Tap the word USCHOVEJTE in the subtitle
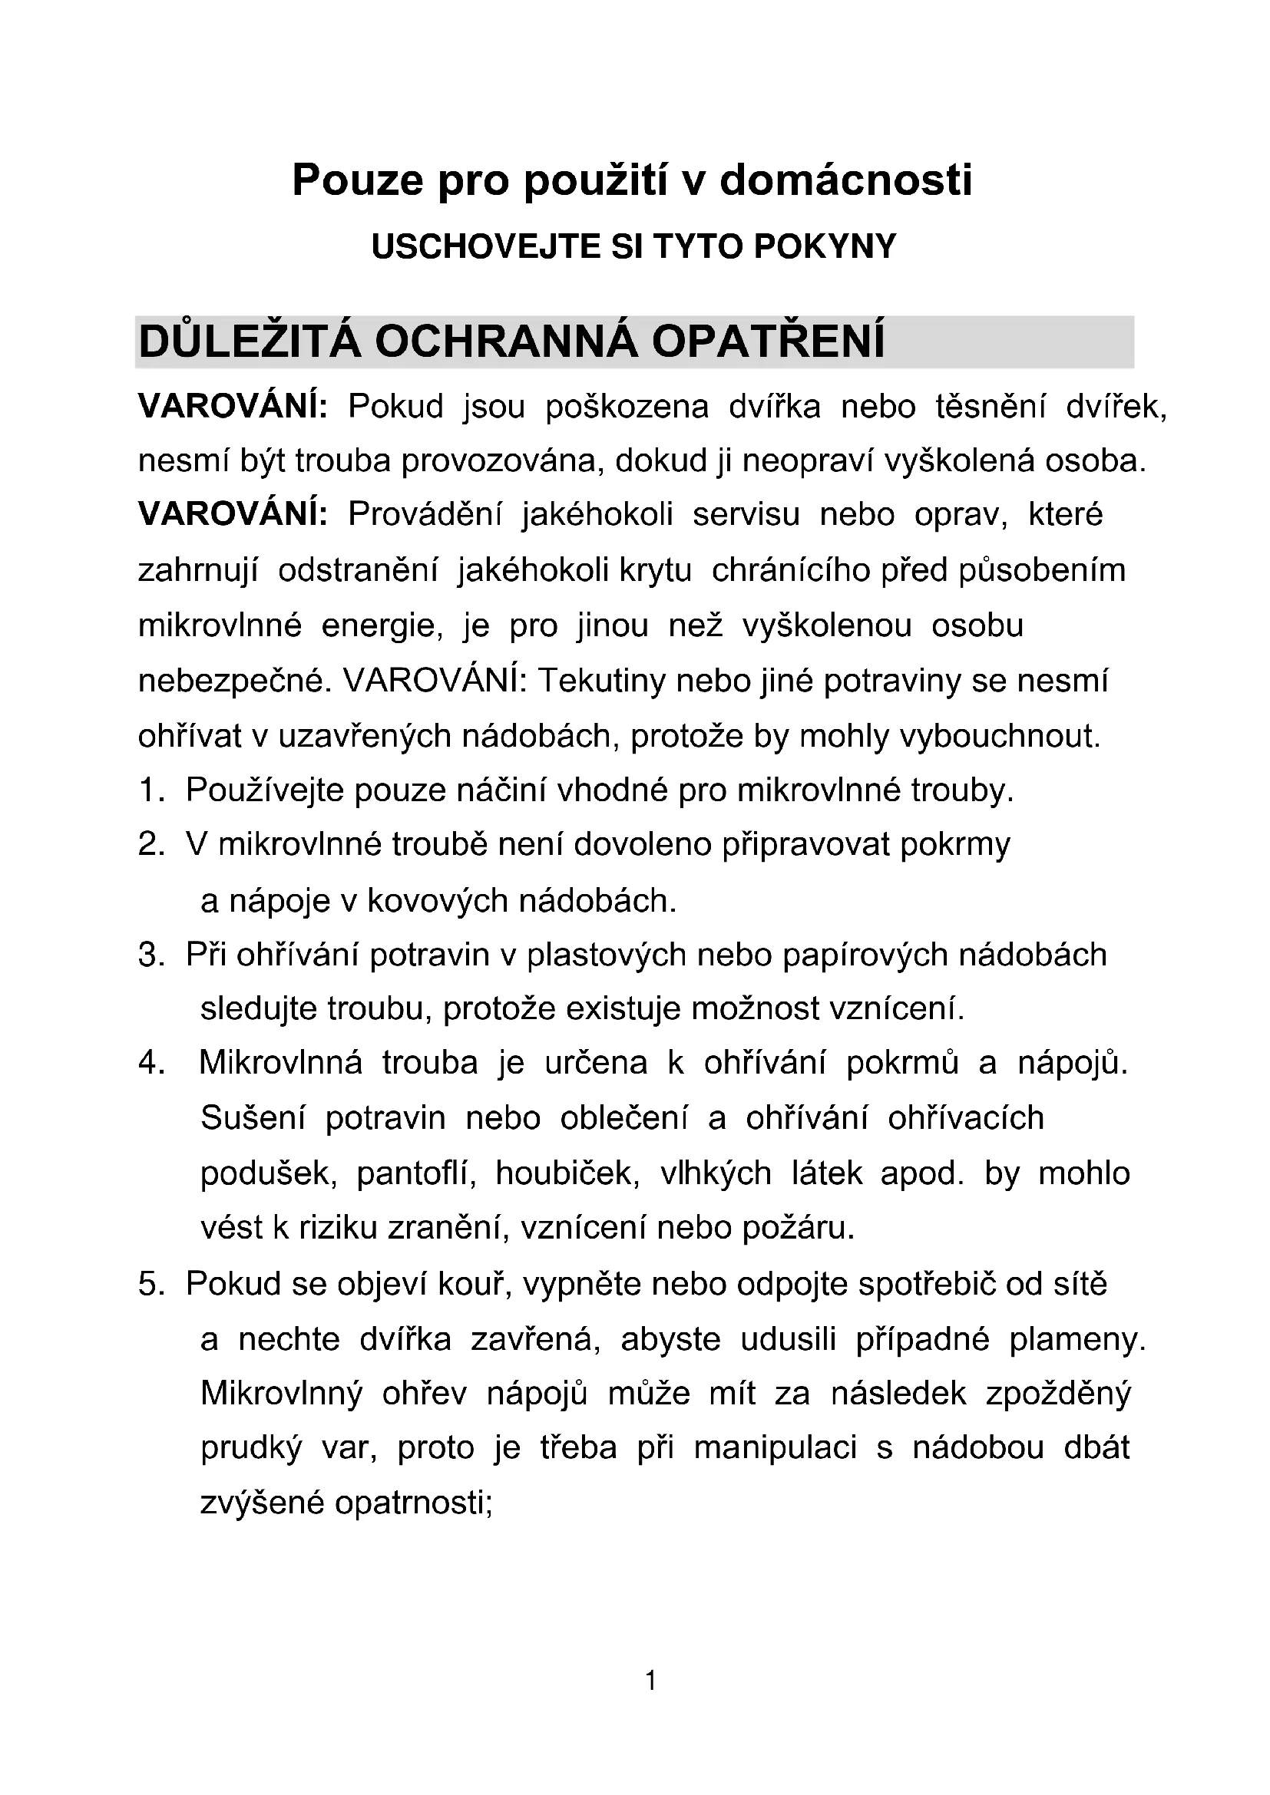478,247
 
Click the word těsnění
990,407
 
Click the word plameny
1077,1340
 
